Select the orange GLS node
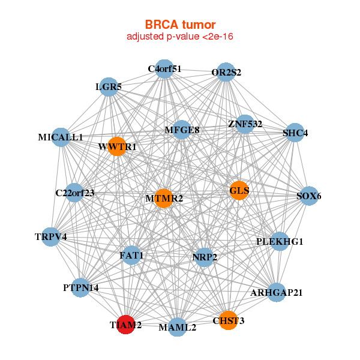click(x=239, y=191)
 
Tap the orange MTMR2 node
click(x=163, y=198)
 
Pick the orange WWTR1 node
click(x=118, y=146)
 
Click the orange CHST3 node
click(x=228, y=320)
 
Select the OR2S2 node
click(x=226, y=73)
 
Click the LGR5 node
click(x=109, y=87)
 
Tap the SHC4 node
click(x=295, y=133)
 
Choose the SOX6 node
click(x=308, y=196)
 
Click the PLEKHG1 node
click(x=280, y=242)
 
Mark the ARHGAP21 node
click(x=276, y=293)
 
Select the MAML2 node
click(x=177, y=328)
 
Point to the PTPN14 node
click(x=81, y=288)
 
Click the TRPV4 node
click(x=52, y=237)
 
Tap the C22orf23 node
click(x=74, y=193)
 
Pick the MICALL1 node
click(x=61, y=137)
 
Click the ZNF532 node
click(x=245, y=124)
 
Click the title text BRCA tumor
click(x=180, y=25)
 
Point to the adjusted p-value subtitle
click(x=180, y=37)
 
